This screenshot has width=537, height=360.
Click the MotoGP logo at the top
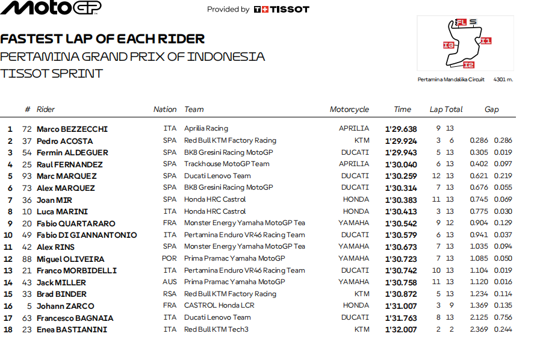click(x=51, y=8)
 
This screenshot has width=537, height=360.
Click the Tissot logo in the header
click(x=281, y=9)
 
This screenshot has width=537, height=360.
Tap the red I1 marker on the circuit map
click(x=486, y=41)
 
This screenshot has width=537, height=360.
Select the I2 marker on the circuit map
click(x=468, y=64)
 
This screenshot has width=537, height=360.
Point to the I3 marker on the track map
click(x=448, y=45)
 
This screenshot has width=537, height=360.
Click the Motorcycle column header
click(x=349, y=110)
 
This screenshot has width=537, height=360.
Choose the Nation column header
click(x=165, y=110)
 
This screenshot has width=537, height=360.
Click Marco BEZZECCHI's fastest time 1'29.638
click(x=401, y=129)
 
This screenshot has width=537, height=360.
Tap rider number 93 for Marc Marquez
click(x=26, y=176)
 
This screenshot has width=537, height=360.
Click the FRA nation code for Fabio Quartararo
click(x=170, y=223)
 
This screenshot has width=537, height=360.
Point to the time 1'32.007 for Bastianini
click(x=401, y=329)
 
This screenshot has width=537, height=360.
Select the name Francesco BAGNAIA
click(x=75, y=318)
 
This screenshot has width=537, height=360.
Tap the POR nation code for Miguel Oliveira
click(x=170, y=259)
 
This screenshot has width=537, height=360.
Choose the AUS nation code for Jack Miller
click(x=170, y=282)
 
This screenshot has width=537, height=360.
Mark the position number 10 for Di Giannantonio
click(x=8, y=235)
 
